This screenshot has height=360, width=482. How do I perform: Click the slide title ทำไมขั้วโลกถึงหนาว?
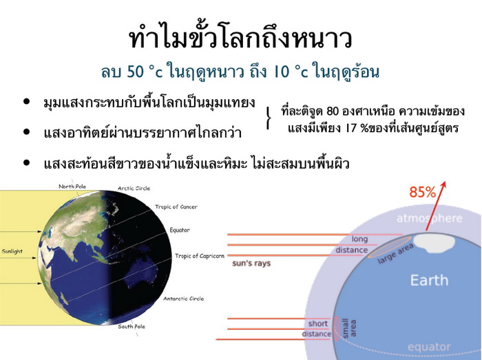pyautogui.click(x=240, y=38)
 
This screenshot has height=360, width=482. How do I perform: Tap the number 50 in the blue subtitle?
pyautogui.click(x=135, y=72)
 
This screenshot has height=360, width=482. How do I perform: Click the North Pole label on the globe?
pyautogui.click(x=72, y=187)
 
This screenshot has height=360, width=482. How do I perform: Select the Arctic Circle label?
pyautogui.click(x=134, y=189)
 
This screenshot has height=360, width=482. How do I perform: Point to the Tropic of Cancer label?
pyautogui.click(x=176, y=207)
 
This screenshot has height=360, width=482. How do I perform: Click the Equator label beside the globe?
pyautogui.click(x=180, y=230)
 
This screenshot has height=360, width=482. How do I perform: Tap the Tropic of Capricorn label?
pyautogui.click(x=200, y=256)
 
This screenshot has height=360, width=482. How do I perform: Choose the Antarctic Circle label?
pyautogui.click(x=183, y=299)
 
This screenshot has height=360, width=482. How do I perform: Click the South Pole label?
pyautogui.click(x=132, y=326)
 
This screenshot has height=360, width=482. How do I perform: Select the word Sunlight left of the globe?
pyautogui.click(x=12, y=251)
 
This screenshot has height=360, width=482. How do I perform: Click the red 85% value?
pyautogui.click(x=423, y=192)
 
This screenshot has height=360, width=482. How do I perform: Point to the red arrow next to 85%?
pyautogui.click(x=435, y=206)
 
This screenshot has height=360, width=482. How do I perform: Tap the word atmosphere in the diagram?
pyautogui.click(x=430, y=218)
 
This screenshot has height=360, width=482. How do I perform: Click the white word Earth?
pyautogui.click(x=429, y=280)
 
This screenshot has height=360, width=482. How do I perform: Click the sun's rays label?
pyautogui.click(x=251, y=263)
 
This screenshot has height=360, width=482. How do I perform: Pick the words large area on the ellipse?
pyautogui.click(x=395, y=254)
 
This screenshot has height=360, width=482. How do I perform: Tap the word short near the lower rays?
pyautogui.click(x=318, y=324)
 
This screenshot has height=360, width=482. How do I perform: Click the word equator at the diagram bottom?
pyautogui.click(x=429, y=347)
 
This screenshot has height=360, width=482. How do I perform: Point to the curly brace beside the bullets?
pyautogui.click(x=269, y=118)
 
